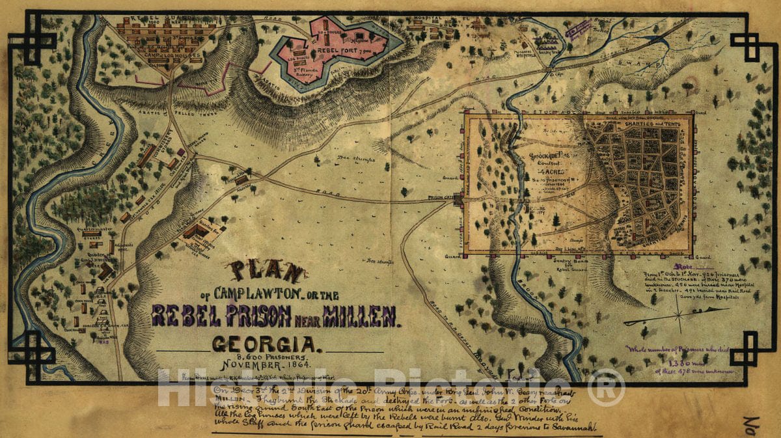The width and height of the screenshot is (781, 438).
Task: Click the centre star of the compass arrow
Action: click(679, 318)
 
